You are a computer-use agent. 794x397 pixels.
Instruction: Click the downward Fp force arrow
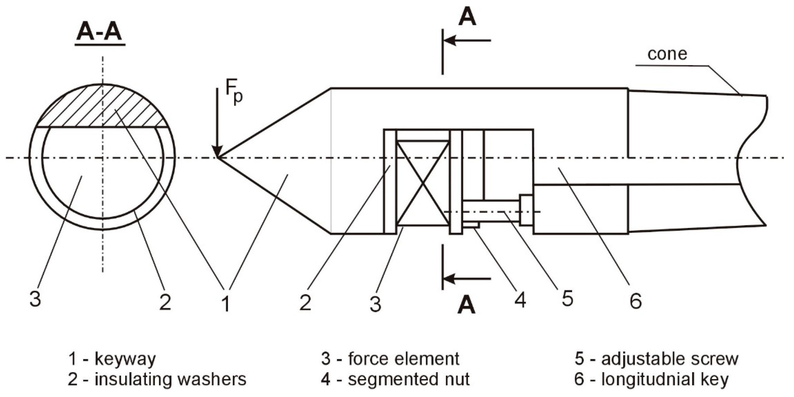click(x=218, y=123)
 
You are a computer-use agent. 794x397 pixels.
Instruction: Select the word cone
click(x=667, y=54)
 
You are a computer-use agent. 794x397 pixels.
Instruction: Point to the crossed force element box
click(x=423, y=183)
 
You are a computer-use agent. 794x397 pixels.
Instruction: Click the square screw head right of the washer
click(x=526, y=210)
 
